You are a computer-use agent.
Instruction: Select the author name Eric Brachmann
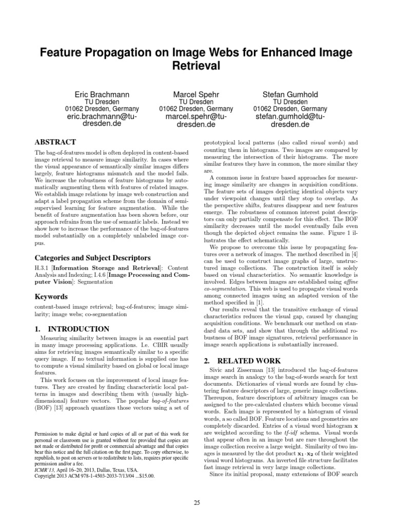coord(102,95)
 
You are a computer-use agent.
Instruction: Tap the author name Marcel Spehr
coord(196,95)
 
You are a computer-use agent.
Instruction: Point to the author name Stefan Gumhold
coord(290,95)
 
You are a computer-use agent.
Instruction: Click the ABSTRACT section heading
coord(55,142)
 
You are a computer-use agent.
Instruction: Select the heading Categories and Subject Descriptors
coord(92,257)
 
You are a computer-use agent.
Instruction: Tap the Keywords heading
coord(51,296)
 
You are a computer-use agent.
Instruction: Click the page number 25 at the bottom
coord(197,502)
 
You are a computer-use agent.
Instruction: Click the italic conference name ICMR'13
coord(45,469)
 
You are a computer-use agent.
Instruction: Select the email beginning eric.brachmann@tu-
coord(102,117)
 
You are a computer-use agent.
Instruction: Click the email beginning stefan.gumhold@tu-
coord(290,117)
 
